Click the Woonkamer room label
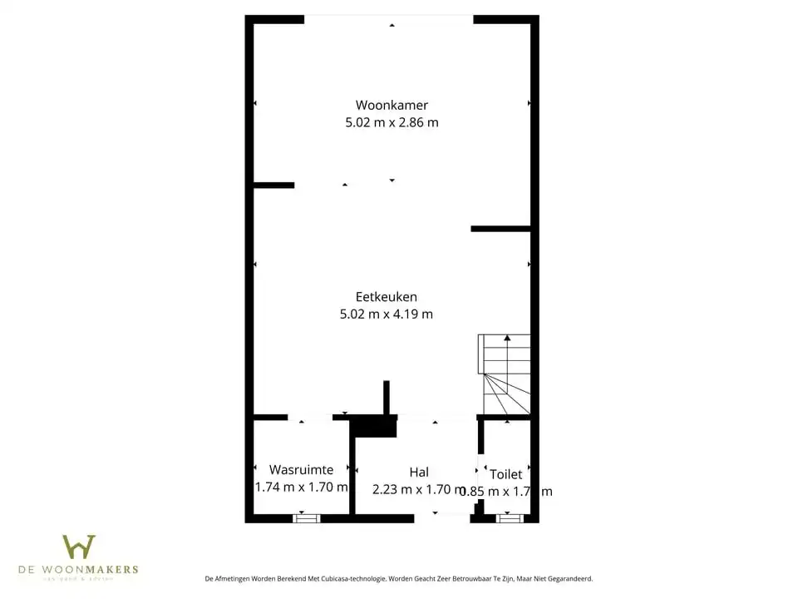coord(392,105)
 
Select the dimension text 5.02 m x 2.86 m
coord(392,122)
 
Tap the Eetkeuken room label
coord(386,296)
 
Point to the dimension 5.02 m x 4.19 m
coord(386,314)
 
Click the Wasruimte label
coord(301,469)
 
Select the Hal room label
coord(419,472)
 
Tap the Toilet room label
coord(505,474)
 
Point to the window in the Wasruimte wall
coord(307,518)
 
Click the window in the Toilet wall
coord(510,518)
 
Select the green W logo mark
coord(79,547)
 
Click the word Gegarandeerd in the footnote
coord(568,578)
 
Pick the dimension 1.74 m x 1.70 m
coord(301,488)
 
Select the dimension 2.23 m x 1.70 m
coord(419,490)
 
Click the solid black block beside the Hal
coord(375,426)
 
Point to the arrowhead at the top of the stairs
coord(507,337)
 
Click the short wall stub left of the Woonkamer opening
coord(274,185)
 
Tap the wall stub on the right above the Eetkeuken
coord(500,228)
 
